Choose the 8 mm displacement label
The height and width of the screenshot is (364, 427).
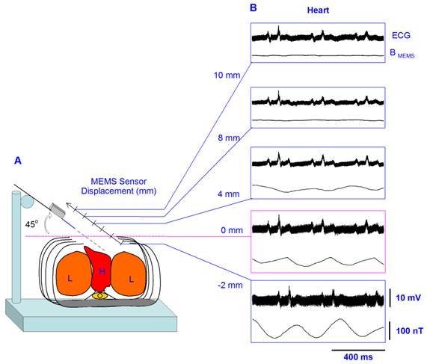pyautogui.click(x=227, y=138)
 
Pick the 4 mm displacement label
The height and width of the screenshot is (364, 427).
pyautogui.click(x=227, y=194)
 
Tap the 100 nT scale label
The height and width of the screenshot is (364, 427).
pyautogui.click(x=408, y=330)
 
